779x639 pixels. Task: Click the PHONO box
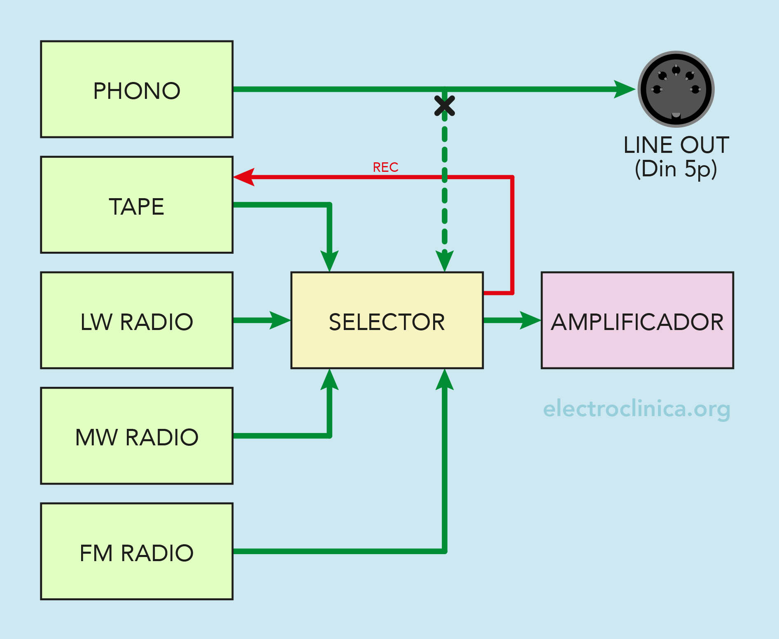click(137, 89)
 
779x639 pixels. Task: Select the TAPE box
click(137, 205)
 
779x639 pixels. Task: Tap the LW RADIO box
click(137, 320)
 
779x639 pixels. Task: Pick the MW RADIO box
click(137, 436)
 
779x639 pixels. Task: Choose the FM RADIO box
click(137, 551)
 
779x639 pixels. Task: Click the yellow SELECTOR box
click(387, 320)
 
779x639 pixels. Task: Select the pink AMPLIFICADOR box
click(637, 320)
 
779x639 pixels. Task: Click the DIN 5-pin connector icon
click(676, 89)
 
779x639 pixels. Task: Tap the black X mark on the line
click(445, 105)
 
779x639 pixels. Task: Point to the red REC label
click(385, 167)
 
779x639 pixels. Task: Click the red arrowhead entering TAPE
click(244, 177)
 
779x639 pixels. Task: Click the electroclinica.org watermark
click(637, 409)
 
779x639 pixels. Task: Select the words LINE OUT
click(676, 145)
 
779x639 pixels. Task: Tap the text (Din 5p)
click(676, 169)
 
